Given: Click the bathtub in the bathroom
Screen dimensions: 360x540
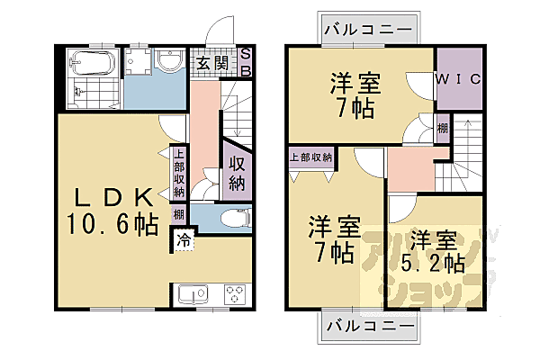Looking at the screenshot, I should point(90,64).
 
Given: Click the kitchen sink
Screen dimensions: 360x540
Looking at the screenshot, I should point(193,294).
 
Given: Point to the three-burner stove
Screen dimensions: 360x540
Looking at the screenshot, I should point(235,294).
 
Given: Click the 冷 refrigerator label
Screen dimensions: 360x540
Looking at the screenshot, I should point(184,240).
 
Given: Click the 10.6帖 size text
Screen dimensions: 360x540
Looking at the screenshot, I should point(112,224).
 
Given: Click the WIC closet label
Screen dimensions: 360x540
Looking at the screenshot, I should point(459,79).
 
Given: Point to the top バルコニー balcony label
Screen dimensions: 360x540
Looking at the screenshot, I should point(370,29).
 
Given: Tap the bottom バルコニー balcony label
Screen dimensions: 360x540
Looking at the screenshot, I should point(370,324).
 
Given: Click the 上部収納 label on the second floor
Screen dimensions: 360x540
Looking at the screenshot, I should point(311,157).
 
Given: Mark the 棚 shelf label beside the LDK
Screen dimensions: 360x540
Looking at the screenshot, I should point(179,214).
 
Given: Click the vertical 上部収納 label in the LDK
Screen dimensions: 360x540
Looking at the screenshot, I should point(179,172).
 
